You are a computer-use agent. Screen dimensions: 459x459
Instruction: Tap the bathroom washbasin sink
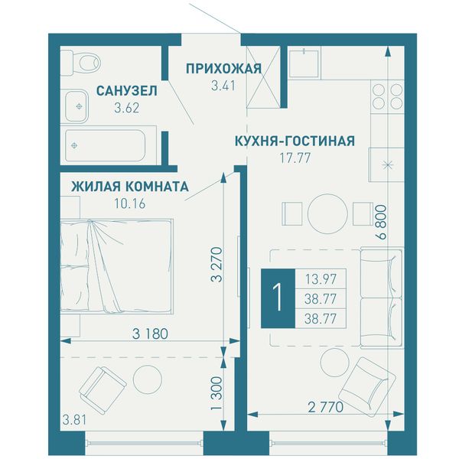click(76, 106)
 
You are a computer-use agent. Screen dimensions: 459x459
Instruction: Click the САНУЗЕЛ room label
click(127, 91)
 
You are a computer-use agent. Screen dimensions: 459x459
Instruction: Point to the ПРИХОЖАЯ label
click(223, 69)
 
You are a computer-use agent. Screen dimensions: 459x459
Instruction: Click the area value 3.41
click(223, 86)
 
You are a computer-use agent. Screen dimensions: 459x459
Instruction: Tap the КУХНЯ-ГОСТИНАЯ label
click(295, 141)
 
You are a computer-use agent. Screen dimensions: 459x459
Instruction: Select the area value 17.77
click(295, 158)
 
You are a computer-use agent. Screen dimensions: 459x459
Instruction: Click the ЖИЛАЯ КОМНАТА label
click(130, 187)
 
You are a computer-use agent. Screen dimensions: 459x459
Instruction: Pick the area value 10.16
click(130, 203)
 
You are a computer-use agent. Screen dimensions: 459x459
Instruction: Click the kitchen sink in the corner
click(304, 63)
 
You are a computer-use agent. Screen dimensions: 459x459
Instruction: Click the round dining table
click(327, 213)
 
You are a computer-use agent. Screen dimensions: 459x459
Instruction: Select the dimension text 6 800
click(382, 223)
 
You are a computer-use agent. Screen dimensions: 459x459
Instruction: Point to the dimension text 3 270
click(217, 265)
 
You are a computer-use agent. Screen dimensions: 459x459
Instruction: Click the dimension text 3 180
click(150, 334)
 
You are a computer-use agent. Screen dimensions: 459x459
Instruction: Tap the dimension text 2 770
click(326, 407)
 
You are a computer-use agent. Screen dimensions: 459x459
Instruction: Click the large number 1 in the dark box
click(278, 298)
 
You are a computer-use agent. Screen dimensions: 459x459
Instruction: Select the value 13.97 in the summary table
click(321, 279)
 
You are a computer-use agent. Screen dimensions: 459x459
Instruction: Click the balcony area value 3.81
click(74, 420)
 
